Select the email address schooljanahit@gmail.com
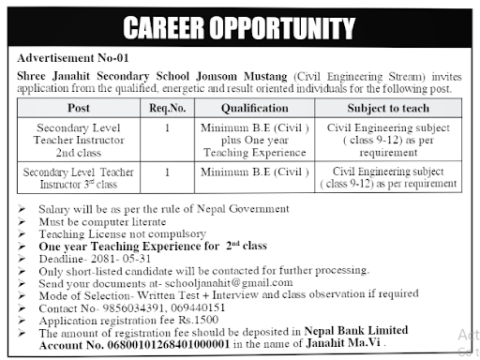233,282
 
